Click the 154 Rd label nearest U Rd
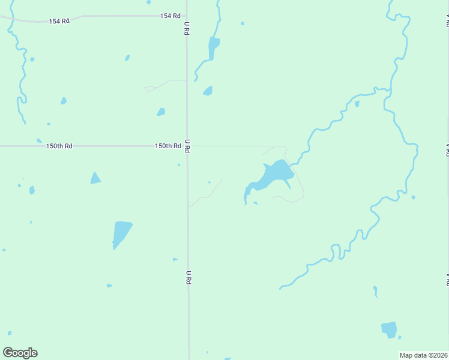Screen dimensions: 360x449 (170, 16)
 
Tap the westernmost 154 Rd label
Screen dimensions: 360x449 (59, 21)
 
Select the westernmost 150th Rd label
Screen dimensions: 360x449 (59, 146)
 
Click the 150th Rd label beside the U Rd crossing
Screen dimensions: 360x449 (167, 146)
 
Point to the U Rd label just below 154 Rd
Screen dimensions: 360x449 (187, 28)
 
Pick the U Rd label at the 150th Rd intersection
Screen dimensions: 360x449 (187, 145)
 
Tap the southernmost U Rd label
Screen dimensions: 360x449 (188, 277)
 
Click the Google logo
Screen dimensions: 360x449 (20, 353)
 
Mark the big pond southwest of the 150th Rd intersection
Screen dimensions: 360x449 (121, 233)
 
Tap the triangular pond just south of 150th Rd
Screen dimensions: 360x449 (95, 179)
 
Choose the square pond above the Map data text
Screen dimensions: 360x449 (389, 329)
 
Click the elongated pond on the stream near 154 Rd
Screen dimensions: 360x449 (213, 47)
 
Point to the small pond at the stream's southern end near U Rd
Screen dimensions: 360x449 (208, 91)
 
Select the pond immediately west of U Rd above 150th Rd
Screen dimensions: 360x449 (161, 112)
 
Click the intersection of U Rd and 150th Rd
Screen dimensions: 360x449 (187, 146)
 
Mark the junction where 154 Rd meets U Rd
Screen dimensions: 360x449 (186, 16)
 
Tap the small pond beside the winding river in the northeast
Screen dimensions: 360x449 (357, 104)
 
